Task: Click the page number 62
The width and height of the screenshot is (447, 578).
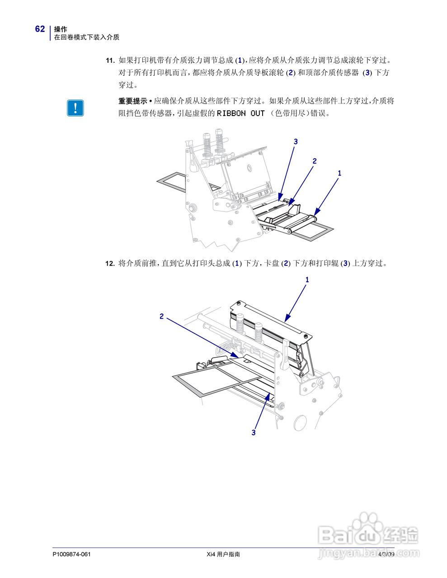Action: [x=40, y=29]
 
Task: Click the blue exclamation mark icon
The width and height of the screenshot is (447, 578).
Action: [x=75, y=108]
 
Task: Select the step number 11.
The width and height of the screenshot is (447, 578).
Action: [x=109, y=61]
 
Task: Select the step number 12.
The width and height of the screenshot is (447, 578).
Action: [x=109, y=264]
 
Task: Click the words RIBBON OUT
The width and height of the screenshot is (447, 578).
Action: [x=240, y=113]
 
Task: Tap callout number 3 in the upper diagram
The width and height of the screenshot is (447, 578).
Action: [x=296, y=142]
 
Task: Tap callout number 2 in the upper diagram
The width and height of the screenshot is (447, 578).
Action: [x=315, y=161]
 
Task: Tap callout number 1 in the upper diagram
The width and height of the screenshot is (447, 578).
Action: [x=339, y=173]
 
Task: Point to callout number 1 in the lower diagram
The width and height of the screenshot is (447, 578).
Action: [x=307, y=280]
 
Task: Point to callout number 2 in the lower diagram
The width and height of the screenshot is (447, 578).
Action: [x=161, y=317]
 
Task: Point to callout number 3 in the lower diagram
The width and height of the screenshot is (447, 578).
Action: [x=254, y=433]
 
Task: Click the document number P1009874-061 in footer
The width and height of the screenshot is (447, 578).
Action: [x=72, y=554]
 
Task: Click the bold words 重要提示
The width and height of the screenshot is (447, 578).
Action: [x=132, y=101]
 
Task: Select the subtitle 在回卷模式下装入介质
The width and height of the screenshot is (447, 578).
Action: [x=87, y=37]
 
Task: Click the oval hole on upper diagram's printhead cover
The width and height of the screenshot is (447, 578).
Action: [x=248, y=168]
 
